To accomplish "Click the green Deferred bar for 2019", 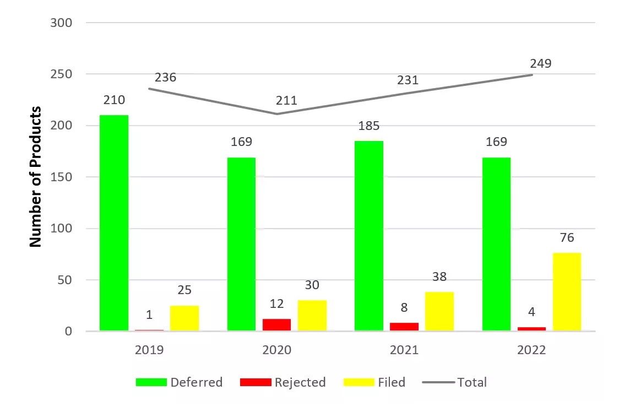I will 114,223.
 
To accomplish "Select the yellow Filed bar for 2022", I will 567,292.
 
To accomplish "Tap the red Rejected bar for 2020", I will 276,325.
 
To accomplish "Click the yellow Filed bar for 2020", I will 312,316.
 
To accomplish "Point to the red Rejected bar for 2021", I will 404,327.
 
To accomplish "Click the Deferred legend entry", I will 179,382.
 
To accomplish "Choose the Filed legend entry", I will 374,382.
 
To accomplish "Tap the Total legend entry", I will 454,382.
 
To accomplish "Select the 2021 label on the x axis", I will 404,350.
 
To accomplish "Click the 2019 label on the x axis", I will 149,350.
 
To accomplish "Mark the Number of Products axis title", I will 36,176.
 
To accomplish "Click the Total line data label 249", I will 540,63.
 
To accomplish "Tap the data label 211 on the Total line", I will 286,100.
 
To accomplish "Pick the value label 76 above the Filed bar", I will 567,238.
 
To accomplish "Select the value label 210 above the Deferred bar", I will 114,100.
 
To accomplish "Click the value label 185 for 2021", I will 369,126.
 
